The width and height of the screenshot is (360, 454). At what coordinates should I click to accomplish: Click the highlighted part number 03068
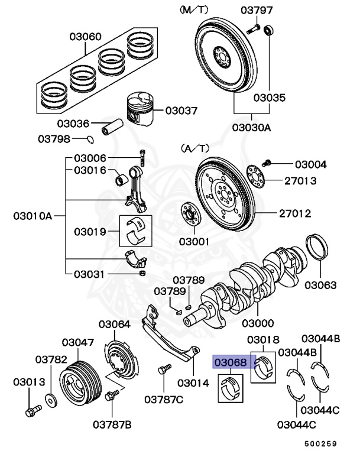pyautogui.click(x=229, y=362)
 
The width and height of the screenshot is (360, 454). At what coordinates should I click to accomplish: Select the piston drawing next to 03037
pyautogui.click(x=140, y=109)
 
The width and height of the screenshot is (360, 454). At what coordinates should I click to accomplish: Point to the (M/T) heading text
pyautogui.click(x=194, y=10)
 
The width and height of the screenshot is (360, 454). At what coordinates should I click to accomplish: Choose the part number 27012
pyautogui.click(x=295, y=213)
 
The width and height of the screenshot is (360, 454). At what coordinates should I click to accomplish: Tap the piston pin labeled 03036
pyautogui.click(x=113, y=127)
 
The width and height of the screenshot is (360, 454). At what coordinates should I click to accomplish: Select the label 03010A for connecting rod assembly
pyautogui.click(x=33, y=216)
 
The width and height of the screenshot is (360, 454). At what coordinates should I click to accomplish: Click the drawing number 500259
pyautogui.click(x=321, y=443)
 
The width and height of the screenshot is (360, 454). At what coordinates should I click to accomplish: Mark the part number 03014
pyautogui.click(x=193, y=382)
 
